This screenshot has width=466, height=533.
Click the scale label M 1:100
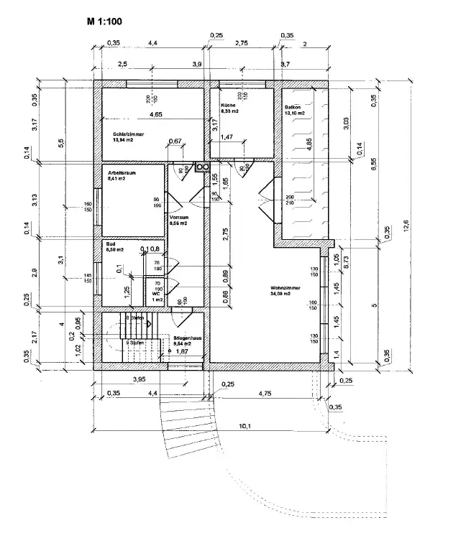(104, 22)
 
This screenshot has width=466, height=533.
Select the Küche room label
(228, 106)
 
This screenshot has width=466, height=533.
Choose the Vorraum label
(178, 217)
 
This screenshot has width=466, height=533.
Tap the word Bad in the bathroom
(111, 244)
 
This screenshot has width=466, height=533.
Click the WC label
(156, 293)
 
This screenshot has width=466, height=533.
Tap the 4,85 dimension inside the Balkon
(309, 142)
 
